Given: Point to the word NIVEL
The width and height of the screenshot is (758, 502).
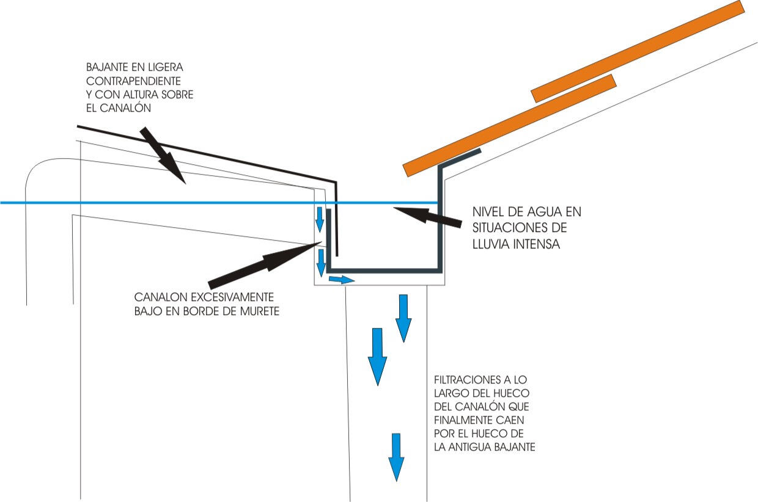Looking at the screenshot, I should click(489, 213).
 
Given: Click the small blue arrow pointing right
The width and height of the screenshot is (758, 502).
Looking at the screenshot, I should click(341, 280).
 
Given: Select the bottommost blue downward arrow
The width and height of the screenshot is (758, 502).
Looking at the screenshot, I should click(397, 457).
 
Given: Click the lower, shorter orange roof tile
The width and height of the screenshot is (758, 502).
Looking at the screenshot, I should click(573, 88).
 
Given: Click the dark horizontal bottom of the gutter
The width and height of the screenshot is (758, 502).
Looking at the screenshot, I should click(385, 269).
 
